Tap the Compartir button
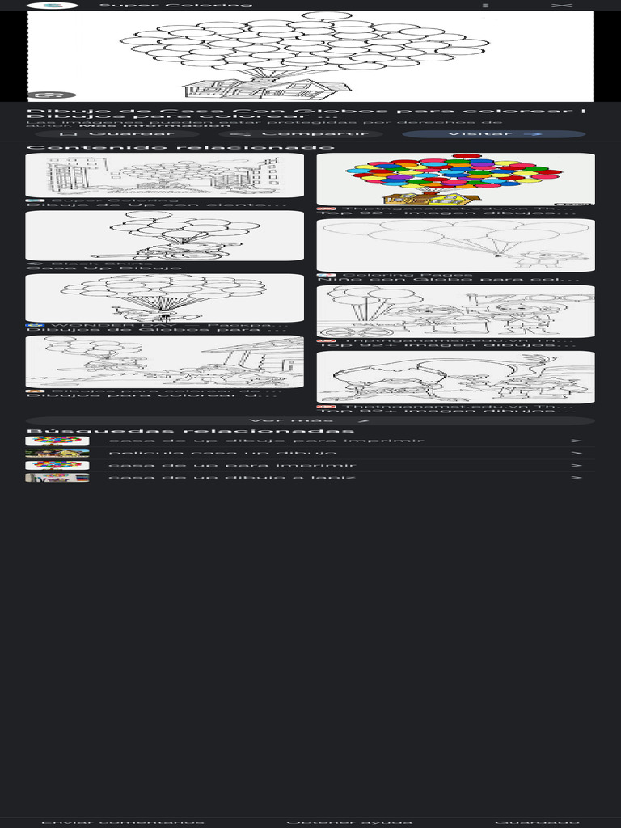pyautogui.click(x=299, y=134)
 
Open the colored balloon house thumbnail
pyautogui.click(x=455, y=179)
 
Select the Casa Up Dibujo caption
pyautogui.click(x=104, y=268)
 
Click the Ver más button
pyautogui.click(x=310, y=420)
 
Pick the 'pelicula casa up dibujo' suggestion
pyautogui.click(x=211, y=453)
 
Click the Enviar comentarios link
pyautogui.click(x=122, y=822)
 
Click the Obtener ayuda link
pyautogui.click(x=349, y=822)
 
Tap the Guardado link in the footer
pyautogui.click(x=537, y=822)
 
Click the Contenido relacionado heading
pyautogui.click(x=180, y=147)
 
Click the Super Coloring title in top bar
pyautogui.click(x=175, y=5)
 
